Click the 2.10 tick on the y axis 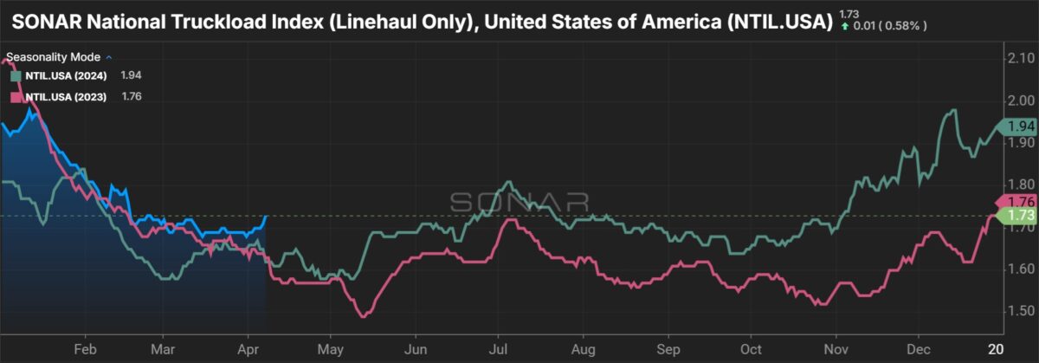[1014, 58]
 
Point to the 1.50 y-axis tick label [1014, 311]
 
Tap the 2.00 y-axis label [1014, 100]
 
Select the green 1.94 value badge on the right [1015, 126]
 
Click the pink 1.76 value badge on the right [1015, 201]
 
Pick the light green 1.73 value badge [1015, 214]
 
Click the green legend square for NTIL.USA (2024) [16, 76]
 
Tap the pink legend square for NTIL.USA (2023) [16, 97]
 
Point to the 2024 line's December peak [953, 110]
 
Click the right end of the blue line [265, 216]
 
